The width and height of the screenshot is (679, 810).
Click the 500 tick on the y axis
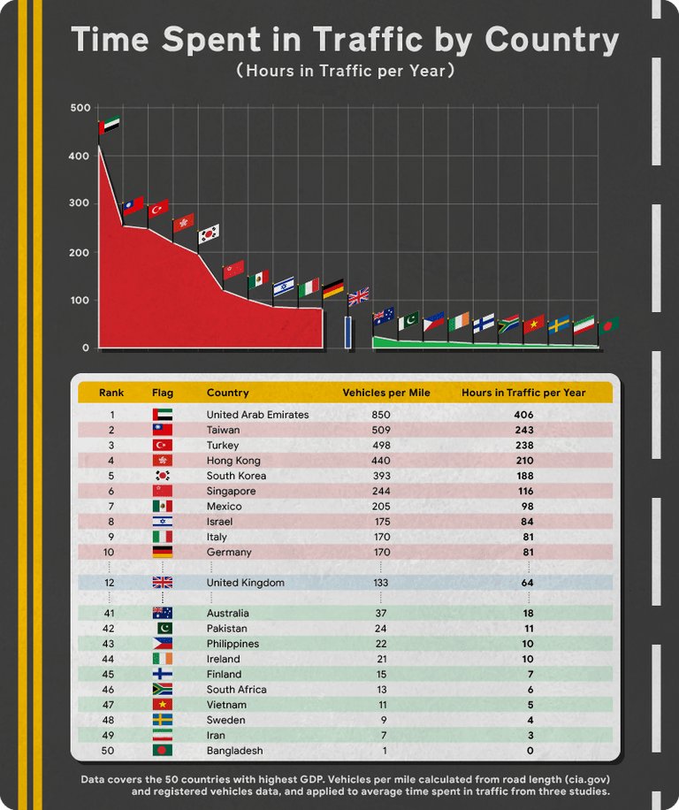click(80, 108)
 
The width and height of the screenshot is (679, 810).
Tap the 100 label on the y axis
click(80, 300)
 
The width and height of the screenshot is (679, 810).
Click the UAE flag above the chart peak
click(110, 126)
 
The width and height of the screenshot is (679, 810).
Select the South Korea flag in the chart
click(209, 233)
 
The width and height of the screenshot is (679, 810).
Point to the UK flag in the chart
click(359, 296)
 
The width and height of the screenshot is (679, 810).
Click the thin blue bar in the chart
click(348, 332)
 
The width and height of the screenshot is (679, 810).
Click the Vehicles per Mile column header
click(385, 393)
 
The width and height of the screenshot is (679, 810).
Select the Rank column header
click(111, 393)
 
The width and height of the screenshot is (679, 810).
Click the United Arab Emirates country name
click(257, 415)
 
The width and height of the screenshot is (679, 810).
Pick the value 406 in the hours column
click(523, 415)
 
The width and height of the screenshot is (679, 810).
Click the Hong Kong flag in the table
click(163, 461)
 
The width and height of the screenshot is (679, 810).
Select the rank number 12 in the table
click(112, 583)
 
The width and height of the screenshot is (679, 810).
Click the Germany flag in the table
click(163, 552)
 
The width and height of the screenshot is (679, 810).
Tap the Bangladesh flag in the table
click(163, 751)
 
